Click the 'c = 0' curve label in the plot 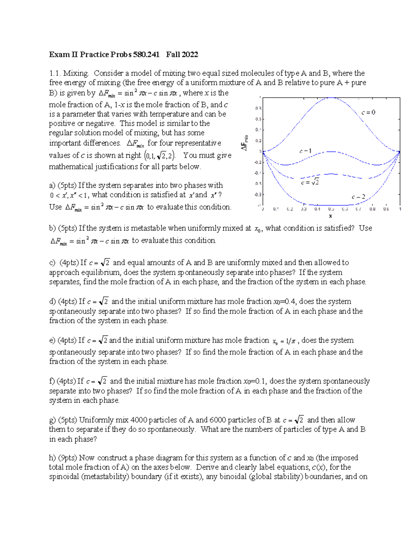pyautogui.click(x=368, y=113)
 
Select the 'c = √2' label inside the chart pyautogui.click(x=310, y=182)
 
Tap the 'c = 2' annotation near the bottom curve pyautogui.click(x=358, y=197)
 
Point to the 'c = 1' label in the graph pyautogui.click(x=305, y=151)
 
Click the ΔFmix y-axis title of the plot pyautogui.click(x=245, y=142)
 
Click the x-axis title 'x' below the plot pyautogui.click(x=330, y=216)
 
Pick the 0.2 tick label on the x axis pyautogui.click(x=290, y=209)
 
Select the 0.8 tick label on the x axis pyautogui.click(x=372, y=209)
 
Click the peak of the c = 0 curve pyautogui.click(x=331, y=98)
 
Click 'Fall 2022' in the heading pyautogui.click(x=182, y=54)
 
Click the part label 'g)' pyautogui.click(x=52, y=420)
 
